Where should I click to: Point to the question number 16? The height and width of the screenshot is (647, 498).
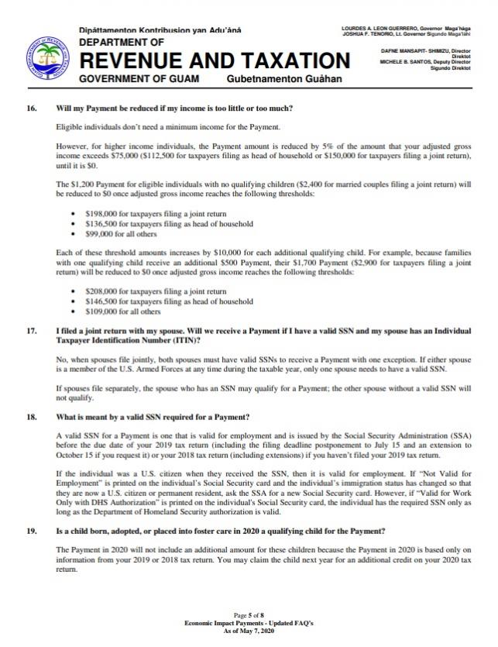pos(32,106)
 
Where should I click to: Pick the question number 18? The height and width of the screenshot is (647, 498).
pos(32,417)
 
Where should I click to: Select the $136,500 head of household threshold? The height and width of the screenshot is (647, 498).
pos(100,223)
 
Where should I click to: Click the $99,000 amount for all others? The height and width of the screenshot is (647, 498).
pos(98,233)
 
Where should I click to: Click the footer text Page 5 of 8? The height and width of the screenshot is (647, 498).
pos(248,613)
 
